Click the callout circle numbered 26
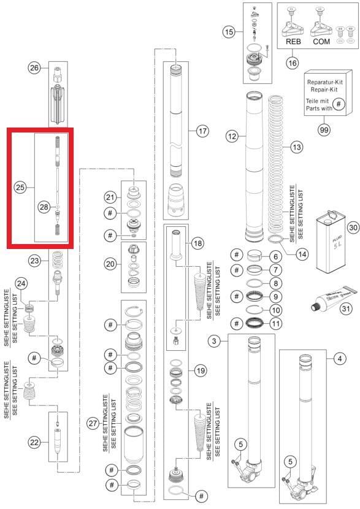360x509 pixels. coord(34,69)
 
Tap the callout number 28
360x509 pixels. coord(44,207)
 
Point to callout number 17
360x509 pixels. coord(202,131)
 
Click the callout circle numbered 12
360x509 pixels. coord(231,137)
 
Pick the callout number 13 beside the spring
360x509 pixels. coord(297,147)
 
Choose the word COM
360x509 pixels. coord(321,43)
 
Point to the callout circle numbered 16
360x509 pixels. coord(293,62)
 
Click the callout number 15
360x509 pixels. coord(229,32)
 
